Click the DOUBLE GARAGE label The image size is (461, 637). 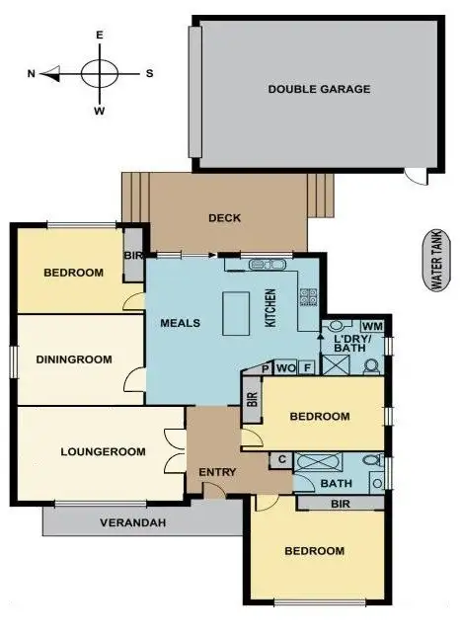click(x=319, y=89)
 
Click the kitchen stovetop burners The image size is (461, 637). click(x=308, y=295)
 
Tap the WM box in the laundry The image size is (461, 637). click(x=372, y=326)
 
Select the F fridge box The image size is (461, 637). click(x=307, y=368)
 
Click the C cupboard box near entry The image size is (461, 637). click(x=282, y=459)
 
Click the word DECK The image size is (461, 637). click(x=225, y=218)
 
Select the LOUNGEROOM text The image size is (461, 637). click(x=104, y=452)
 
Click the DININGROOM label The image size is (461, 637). click(x=75, y=359)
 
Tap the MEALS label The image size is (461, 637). click(x=181, y=323)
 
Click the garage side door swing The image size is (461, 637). click(x=418, y=177)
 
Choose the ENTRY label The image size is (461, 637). click(x=217, y=472)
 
